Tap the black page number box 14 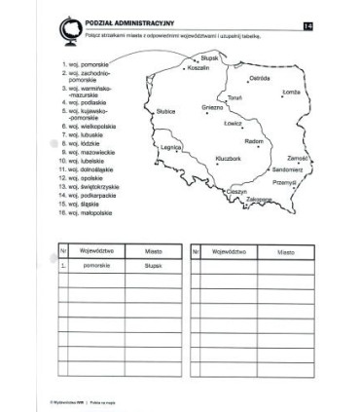pyautogui.click(x=309, y=23)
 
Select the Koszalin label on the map pyautogui.click(x=200, y=70)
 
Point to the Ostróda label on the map pyautogui.click(x=260, y=77)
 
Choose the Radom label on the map pyautogui.click(x=254, y=140)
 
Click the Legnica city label pyautogui.click(x=172, y=146)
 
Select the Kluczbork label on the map pyautogui.click(x=229, y=157)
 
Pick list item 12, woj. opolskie pyautogui.click(x=84, y=177)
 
